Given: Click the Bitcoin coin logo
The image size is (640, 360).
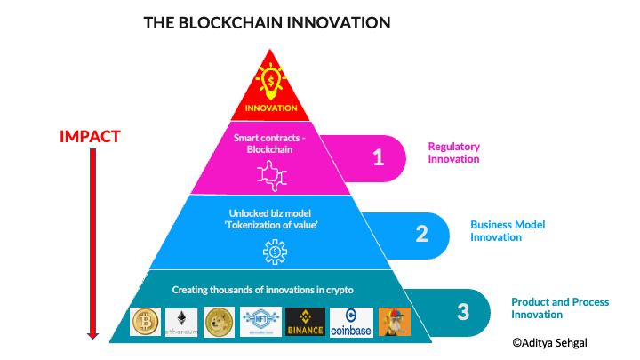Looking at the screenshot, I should pyautogui.click(x=145, y=323).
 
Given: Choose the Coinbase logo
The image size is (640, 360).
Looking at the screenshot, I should pyautogui.click(x=351, y=323).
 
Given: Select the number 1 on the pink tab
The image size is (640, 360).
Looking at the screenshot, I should pyautogui.click(x=378, y=157).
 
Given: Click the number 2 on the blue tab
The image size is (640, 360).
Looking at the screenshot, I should pyautogui.click(x=421, y=234).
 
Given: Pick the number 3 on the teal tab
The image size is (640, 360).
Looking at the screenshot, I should pyautogui.click(x=462, y=311).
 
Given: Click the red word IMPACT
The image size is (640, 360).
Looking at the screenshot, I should pyautogui.click(x=90, y=137).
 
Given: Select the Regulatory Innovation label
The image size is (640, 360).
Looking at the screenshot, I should pyautogui.click(x=453, y=152).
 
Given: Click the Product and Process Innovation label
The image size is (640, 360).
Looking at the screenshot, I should pyautogui.click(x=560, y=308).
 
